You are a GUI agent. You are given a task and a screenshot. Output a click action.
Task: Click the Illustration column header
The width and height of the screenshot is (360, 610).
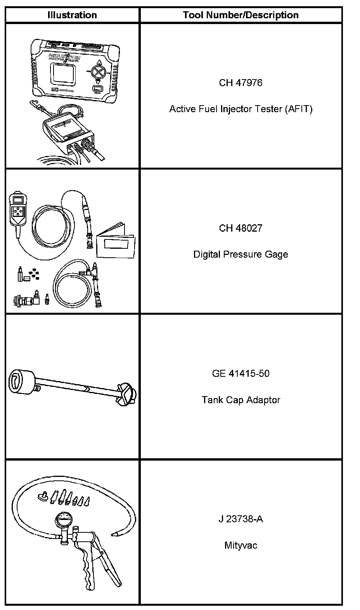[x=72, y=15]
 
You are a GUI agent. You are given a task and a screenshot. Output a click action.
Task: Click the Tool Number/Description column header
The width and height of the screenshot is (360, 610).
[x=241, y=15]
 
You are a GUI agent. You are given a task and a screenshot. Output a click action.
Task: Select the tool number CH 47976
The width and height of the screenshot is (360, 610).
[x=241, y=83]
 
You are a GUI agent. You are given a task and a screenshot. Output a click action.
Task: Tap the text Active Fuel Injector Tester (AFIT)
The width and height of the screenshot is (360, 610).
[x=241, y=109]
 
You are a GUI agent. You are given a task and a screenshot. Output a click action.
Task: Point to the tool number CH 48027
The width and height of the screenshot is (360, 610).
[x=241, y=228]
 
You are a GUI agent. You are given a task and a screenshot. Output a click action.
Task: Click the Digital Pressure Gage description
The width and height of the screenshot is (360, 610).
[x=241, y=255]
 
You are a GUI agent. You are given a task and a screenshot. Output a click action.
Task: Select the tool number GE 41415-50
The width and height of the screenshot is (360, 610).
[x=241, y=374]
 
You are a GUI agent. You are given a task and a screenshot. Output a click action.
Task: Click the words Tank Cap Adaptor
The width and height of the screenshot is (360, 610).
[x=241, y=400]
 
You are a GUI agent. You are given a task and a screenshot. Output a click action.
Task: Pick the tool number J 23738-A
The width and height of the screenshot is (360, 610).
[x=241, y=519]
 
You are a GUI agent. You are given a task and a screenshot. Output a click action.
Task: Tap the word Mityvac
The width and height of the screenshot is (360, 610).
[x=241, y=546]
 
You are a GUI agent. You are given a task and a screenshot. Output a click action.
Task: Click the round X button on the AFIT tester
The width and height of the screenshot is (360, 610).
[x=99, y=72]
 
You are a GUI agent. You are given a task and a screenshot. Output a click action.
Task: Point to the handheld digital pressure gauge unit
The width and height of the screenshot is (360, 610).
[x=17, y=210]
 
